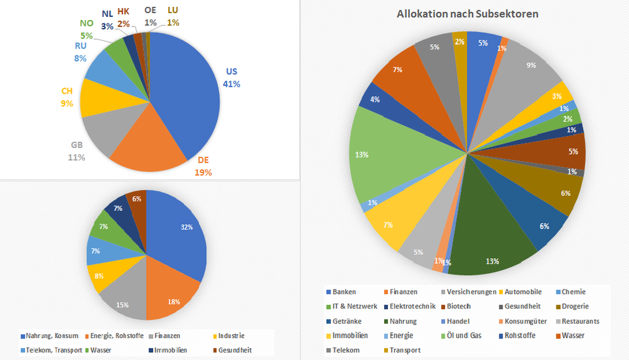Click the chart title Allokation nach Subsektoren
pyautogui.click(x=467, y=14)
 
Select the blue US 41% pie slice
pyautogui.click(x=189, y=94)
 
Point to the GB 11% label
pyautogui.click(x=76, y=152)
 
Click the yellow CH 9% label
pyautogui.click(x=67, y=97)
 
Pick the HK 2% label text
pyautogui.click(x=123, y=17)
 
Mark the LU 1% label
pyautogui.click(x=173, y=16)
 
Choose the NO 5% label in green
pyautogui.click(x=86, y=29)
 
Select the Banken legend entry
pyautogui.click(x=344, y=292)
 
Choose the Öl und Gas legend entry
pyautogui.click(x=465, y=335)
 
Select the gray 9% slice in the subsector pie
pyautogui.click(x=529, y=69)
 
